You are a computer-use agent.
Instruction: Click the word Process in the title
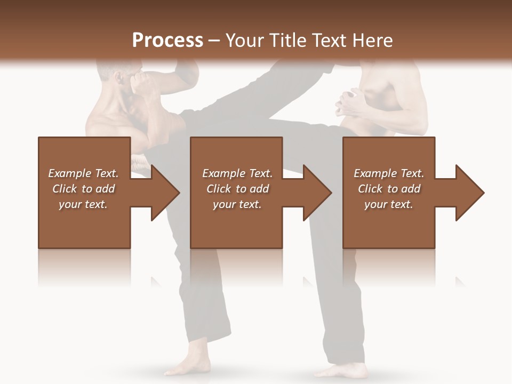(167, 40)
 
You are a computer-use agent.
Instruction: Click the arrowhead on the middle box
(317, 193)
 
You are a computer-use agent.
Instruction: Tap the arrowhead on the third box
(469, 193)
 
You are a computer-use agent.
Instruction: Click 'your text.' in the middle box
(237, 204)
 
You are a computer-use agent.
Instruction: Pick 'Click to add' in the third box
(389, 189)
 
